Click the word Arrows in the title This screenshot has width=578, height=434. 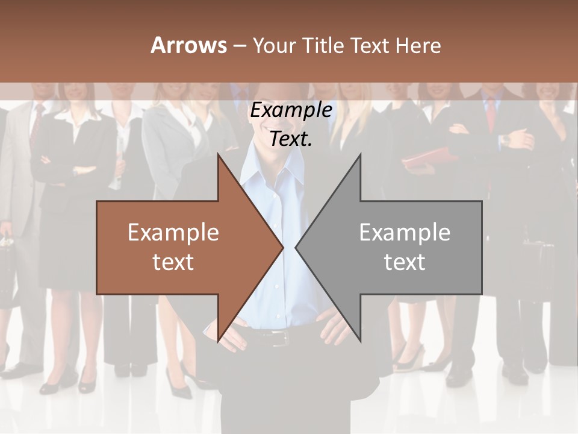coord(188,45)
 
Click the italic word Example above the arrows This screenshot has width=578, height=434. coord(291,110)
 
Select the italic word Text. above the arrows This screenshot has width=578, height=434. coord(291,139)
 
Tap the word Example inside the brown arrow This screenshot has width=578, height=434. coord(173,233)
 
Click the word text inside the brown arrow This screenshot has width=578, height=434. coord(173,262)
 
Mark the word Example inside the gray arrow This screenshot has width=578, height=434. coord(405,233)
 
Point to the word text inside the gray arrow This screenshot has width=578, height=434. coord(405,262)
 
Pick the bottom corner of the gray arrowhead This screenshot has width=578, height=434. coord(359,340)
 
